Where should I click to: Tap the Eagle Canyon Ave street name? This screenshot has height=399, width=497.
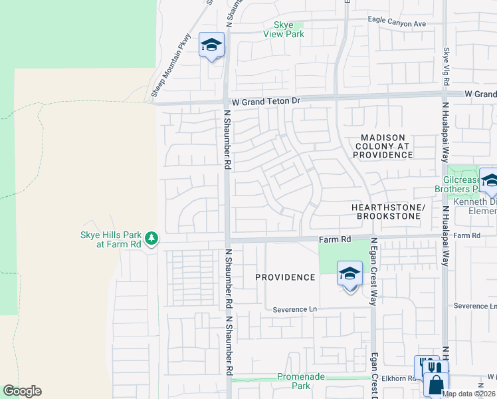tap(397, 23)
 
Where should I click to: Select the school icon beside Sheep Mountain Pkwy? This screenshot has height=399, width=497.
tap(211, 45)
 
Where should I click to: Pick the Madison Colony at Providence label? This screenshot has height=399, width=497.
tap(383, 146)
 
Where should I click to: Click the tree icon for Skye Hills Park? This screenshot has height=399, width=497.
tap(151, 238)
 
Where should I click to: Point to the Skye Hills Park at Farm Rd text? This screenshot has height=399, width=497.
tap(110, 240)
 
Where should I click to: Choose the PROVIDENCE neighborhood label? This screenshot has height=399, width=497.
tap(285, 277)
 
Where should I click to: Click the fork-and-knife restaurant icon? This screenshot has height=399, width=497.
tap(432, 366)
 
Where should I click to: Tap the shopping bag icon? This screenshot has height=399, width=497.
tap(436, 384)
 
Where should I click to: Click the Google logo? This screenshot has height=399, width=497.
tap(22, 391)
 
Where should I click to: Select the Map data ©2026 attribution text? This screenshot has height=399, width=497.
tap(468, 394)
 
